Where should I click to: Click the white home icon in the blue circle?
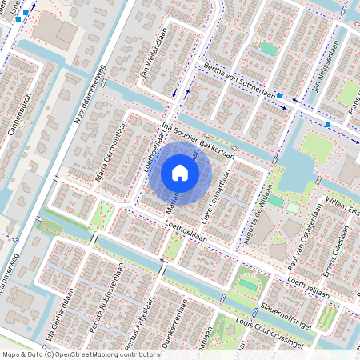(180, 173)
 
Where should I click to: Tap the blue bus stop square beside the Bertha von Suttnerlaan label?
(279, 97)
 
